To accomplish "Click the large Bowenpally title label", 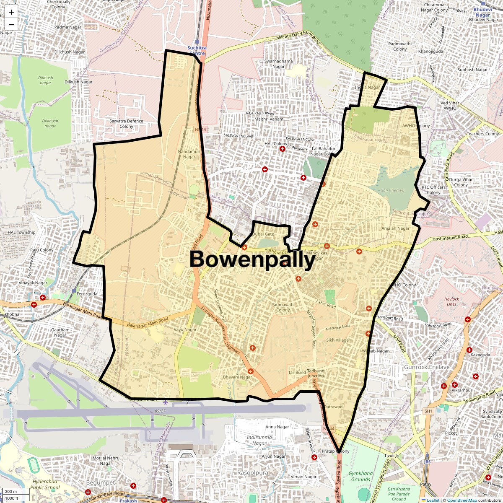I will pyautogui.click(x=252, y=259).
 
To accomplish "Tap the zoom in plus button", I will pyautogui.click(x=11, y=12).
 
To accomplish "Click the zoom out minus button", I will pyautogui.click(x=11, y=24).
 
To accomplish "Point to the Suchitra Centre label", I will pyautogui.click(x=197, y=51).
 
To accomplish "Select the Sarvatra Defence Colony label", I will pyautogui.click(x=126, y=124).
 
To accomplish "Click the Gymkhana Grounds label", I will pyautogui.click(x=360, y=476).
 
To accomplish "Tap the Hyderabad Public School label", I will pyautogui.click(x=47, y=485).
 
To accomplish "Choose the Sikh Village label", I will pyautogui.click(x=337, y=340).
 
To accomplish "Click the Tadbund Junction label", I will pyautogui.click(x=316, y=373).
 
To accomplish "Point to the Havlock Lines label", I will pyautogui.click(x=451, y=301).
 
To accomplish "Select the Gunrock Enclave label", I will pyautogui.click(x=427, y=367).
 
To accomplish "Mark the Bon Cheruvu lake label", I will pyautogui.click(x=392, y=190).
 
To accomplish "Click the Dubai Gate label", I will pyautogui.click(x=263, y=234).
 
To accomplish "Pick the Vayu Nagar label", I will pyautogui.click(x=185, y=330).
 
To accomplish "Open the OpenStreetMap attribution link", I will pyautogui.click(x=462, y=500).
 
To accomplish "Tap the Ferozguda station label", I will pyautogui.click(x=87, y=294).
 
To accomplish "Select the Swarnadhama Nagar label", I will pyautogui.click(x=279, y=64).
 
